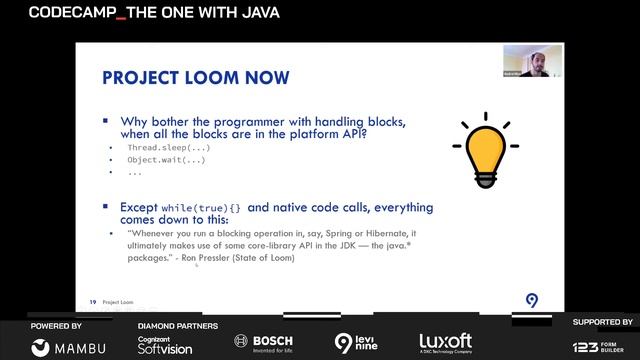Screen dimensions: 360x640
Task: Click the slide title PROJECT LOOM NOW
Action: [x=196, y=77]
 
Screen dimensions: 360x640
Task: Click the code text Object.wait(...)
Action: [x=166, y=159]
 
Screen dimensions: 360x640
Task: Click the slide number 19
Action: [x=92, y=300]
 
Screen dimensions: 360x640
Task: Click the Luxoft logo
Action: [x=446, y=342]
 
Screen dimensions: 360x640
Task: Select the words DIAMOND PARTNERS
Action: [x=177, y=325]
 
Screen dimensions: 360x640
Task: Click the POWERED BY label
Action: [x=57, y=325]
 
